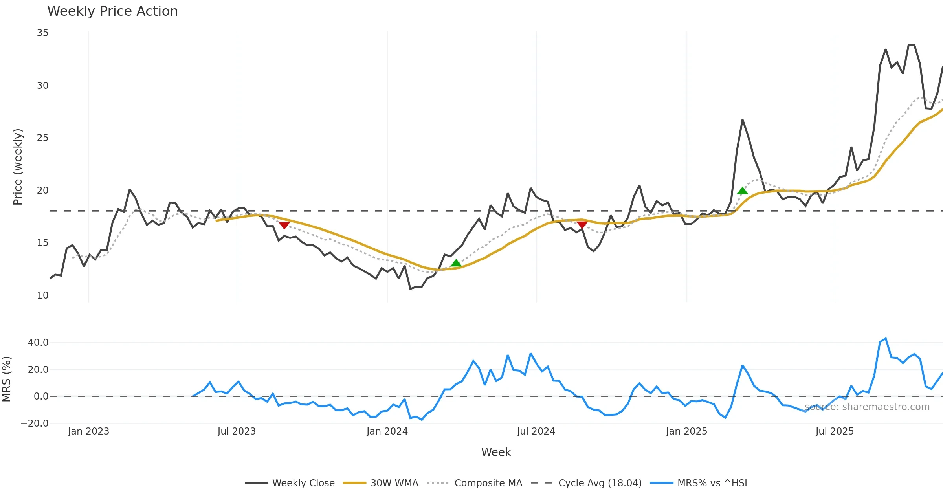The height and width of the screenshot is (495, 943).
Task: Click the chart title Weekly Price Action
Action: pos(112,11)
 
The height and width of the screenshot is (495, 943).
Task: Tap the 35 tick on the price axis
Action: pos(42,33)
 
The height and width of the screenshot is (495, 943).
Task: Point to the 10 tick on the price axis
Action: pos(42,295)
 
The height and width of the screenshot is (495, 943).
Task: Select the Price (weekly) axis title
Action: pos(18,167)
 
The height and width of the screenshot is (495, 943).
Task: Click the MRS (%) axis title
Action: pos(7,379)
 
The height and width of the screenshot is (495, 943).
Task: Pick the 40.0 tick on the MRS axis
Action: pos(38,343)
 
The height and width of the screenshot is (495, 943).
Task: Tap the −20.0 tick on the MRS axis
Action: pos(35,423)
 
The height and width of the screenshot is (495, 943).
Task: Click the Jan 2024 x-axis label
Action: pos(387,431)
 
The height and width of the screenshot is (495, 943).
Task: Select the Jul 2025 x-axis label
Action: pos(835,431)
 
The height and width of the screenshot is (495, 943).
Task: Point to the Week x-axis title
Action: pos(496,453)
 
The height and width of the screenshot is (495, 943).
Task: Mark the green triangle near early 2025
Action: pos(742,191)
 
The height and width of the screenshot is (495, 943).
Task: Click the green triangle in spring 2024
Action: pos(456,263)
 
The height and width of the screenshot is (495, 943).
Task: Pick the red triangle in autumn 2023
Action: pos(284,225)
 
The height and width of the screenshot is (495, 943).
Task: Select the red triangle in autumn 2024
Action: pos(582,224)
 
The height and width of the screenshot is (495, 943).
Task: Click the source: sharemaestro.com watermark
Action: pos(867,407)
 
